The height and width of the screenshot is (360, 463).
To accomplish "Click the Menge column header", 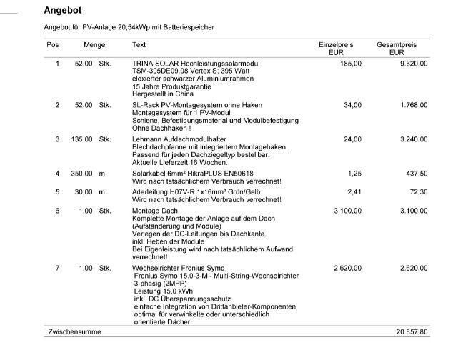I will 94,45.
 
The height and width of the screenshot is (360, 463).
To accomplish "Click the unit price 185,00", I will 351,64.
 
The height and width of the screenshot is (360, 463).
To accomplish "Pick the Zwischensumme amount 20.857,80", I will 412,332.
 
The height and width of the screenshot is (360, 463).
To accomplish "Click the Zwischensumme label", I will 74,332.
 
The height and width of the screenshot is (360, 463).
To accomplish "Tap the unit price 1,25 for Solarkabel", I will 354,174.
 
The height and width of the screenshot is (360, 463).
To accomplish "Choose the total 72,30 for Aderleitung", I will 417,191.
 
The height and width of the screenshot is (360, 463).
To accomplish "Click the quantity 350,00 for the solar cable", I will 83,174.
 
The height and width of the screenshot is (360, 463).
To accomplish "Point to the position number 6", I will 57,211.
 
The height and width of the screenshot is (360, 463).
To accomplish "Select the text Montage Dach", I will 154,211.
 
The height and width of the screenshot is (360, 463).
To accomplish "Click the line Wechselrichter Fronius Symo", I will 174,268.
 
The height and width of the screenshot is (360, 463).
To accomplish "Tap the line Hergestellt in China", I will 162,94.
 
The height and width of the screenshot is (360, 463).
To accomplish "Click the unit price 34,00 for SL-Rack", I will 352,105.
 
